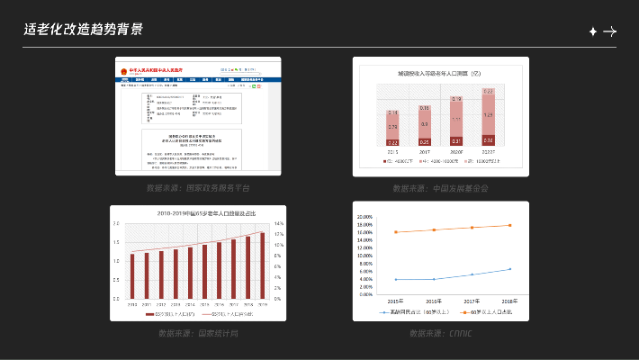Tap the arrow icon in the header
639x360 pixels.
pyautogui.click(x=609, y=31)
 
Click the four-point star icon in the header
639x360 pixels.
pyautogui.click(x=592, y=31)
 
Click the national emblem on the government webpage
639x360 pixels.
pyautogui.click(x=121, y=69)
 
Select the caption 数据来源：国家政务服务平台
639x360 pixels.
pyautogui.click(x=198, y=189)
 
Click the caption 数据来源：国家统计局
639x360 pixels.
pyautogui.click(x=198, y=334)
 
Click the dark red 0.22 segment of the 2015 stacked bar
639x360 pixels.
pyautogui.click(x=393, y=142)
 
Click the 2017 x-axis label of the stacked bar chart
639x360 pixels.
pyautogui.click(x=425, y=152)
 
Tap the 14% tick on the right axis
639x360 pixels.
pyautogui.click(x=278, y=223)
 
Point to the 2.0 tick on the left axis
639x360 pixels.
pyautogui.click(x=115, y=242)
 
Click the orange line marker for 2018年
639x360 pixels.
pyautogui.click(x=509, y=225)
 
